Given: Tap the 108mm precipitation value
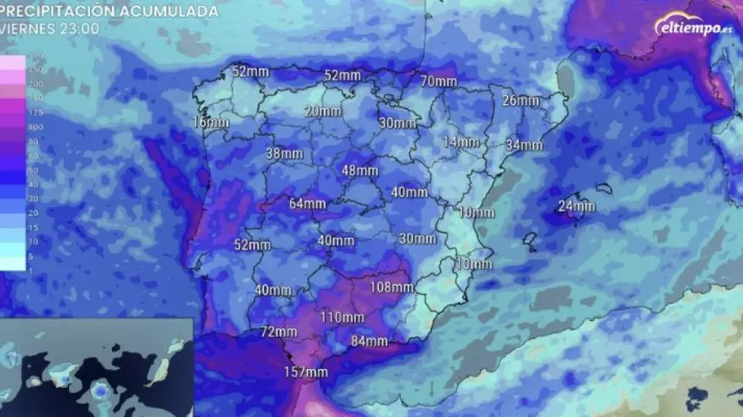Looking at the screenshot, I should click(x=392, y=287).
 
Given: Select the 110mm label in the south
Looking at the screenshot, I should click(x=342, y=317).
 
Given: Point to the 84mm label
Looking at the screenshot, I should click(x=369, y=342).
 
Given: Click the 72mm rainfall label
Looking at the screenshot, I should click(x=279, y=331).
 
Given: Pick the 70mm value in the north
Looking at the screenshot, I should click(x=438, y=81).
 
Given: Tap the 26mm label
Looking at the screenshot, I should click(x=521, y=100).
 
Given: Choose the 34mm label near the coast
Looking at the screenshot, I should click(x=524, y=145).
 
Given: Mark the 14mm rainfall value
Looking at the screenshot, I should click(x=461, y=142).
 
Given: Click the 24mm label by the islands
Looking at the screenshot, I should click(x=577, y=206).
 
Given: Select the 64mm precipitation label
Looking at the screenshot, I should click(x=308, y=203).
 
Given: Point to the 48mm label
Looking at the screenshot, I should click(x=359, y=170).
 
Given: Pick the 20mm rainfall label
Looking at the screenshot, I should click(x=323, y=111).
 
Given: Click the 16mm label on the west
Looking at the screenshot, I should click(x=211, y=122).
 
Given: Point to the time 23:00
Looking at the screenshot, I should click(x=78, y=28).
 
